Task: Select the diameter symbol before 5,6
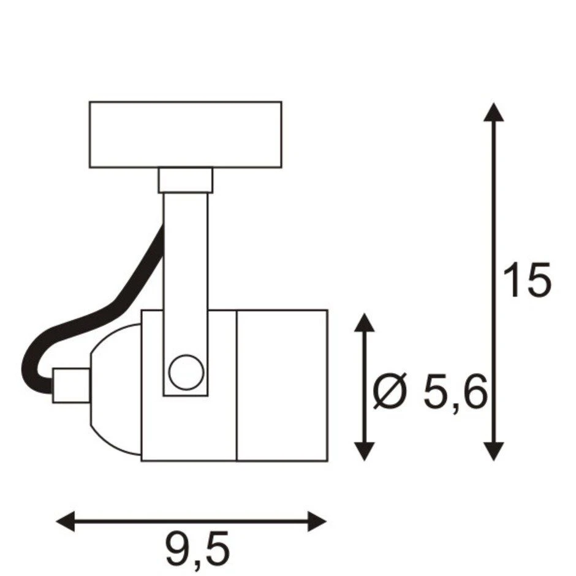[390, 390]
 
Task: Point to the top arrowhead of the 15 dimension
[493, 112]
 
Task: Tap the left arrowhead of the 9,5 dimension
[66, 521]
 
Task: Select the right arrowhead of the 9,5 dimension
[317, 521]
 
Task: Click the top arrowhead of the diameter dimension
[364, 322]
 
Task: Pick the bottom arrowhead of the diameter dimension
[364, 452]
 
